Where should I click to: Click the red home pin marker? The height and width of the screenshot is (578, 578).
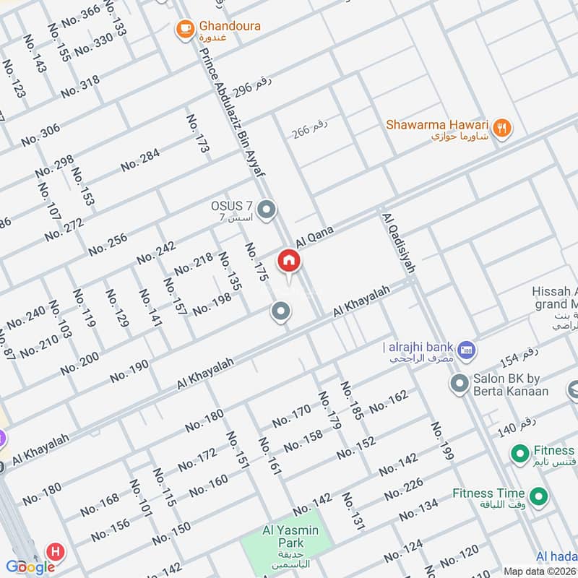click(288, 262)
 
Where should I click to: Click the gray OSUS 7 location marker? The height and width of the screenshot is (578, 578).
click(267, 210)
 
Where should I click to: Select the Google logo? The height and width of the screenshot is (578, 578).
click(30, 566)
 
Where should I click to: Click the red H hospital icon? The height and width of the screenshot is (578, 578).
click(53, 551)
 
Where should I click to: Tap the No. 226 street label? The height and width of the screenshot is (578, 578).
click(403, 490)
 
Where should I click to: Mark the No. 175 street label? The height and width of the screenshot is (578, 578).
click(257, 261)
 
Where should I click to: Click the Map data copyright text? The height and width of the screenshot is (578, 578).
click(540, 571)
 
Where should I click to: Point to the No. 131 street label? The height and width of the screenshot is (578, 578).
click(353, 512)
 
